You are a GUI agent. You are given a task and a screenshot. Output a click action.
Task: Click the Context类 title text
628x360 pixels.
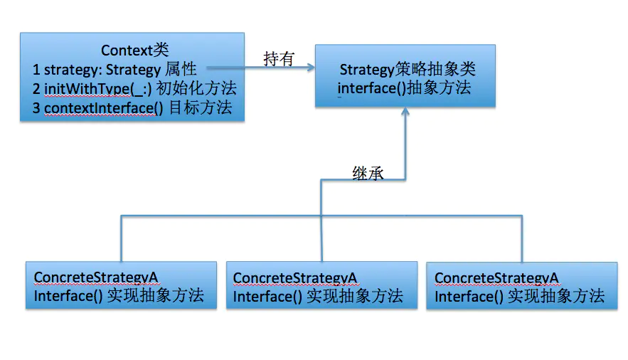(134, 51)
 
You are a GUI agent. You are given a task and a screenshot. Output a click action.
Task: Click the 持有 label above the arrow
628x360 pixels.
(278, 59)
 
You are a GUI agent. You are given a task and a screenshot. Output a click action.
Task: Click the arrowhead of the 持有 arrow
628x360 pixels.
(310, 69)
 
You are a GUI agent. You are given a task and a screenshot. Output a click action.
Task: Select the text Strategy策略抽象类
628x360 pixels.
(407, 70)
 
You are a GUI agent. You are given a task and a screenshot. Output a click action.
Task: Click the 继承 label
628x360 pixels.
(368, 173)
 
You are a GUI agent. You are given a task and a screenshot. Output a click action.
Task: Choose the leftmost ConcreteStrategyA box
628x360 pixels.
(121, 285)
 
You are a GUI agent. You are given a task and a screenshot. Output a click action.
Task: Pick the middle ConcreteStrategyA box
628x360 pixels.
(322, 285)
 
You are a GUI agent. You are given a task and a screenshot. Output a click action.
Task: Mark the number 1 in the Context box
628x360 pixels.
(36, 70)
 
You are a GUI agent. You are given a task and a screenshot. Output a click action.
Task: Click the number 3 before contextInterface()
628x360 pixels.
(36, 108)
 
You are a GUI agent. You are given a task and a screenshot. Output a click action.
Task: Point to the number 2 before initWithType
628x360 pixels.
(36, 89)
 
